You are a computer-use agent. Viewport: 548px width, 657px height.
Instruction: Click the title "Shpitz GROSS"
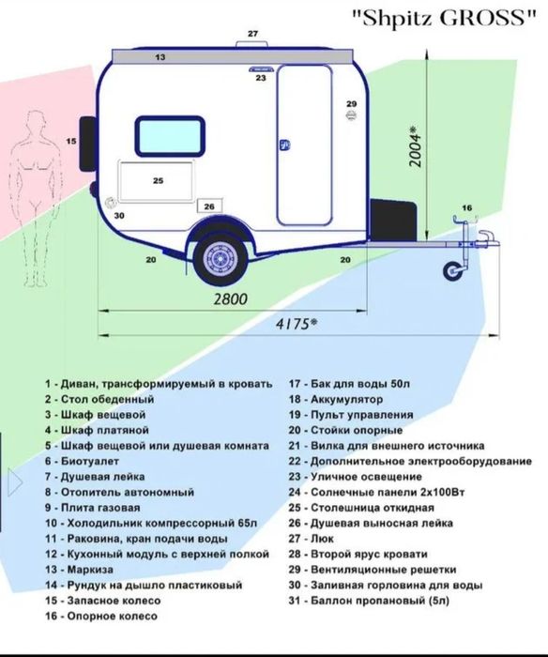click(444, 18)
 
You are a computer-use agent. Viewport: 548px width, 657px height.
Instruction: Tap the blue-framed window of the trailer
click(170, 136)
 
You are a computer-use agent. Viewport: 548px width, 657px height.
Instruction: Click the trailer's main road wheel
click(220, 258)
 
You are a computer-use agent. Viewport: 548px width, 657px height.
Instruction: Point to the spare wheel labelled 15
click(87, 144)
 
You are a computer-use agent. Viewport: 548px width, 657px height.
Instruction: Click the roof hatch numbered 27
click(252, 44)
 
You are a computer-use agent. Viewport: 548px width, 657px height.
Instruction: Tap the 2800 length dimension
click(231, 299)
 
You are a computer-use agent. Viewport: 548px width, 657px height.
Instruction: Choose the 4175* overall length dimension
click(297, 324)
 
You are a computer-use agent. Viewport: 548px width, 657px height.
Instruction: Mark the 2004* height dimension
click(415, 146)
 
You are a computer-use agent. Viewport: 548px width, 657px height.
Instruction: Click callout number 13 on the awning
click(160, 57)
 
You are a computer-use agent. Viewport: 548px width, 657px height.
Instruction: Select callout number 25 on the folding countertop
click(158, 180)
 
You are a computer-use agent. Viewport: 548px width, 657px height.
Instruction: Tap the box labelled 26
click(209, 206)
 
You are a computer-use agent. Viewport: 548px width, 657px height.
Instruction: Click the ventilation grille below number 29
click(351, 115)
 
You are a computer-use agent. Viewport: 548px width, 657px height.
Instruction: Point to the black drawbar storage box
click(393, 221)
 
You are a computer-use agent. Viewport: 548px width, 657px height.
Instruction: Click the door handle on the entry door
click(285, 145)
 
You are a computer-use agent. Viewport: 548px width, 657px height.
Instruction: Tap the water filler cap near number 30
click(110, 203)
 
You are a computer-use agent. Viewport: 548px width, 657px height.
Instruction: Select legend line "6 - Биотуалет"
click(83, 461)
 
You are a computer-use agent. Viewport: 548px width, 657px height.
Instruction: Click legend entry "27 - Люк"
click(311, 539)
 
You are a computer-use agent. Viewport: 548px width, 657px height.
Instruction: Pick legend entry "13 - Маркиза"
click(79, 570)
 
